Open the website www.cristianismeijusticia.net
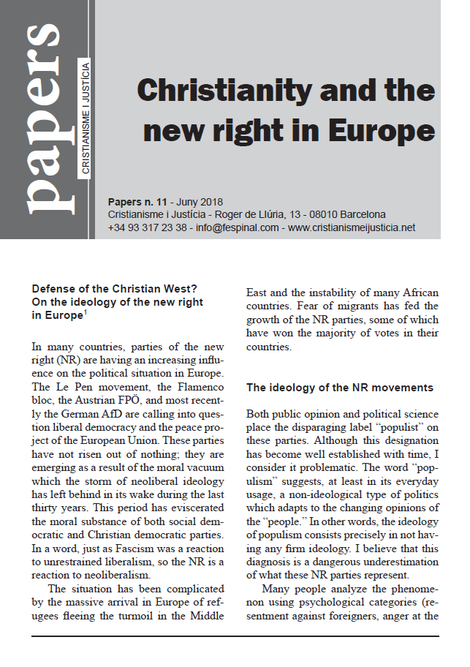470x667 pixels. click(x=352, y=227)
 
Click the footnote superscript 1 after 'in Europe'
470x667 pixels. click(x=84, y=312)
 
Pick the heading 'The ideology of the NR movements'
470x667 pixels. click(x=339, y=388)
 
